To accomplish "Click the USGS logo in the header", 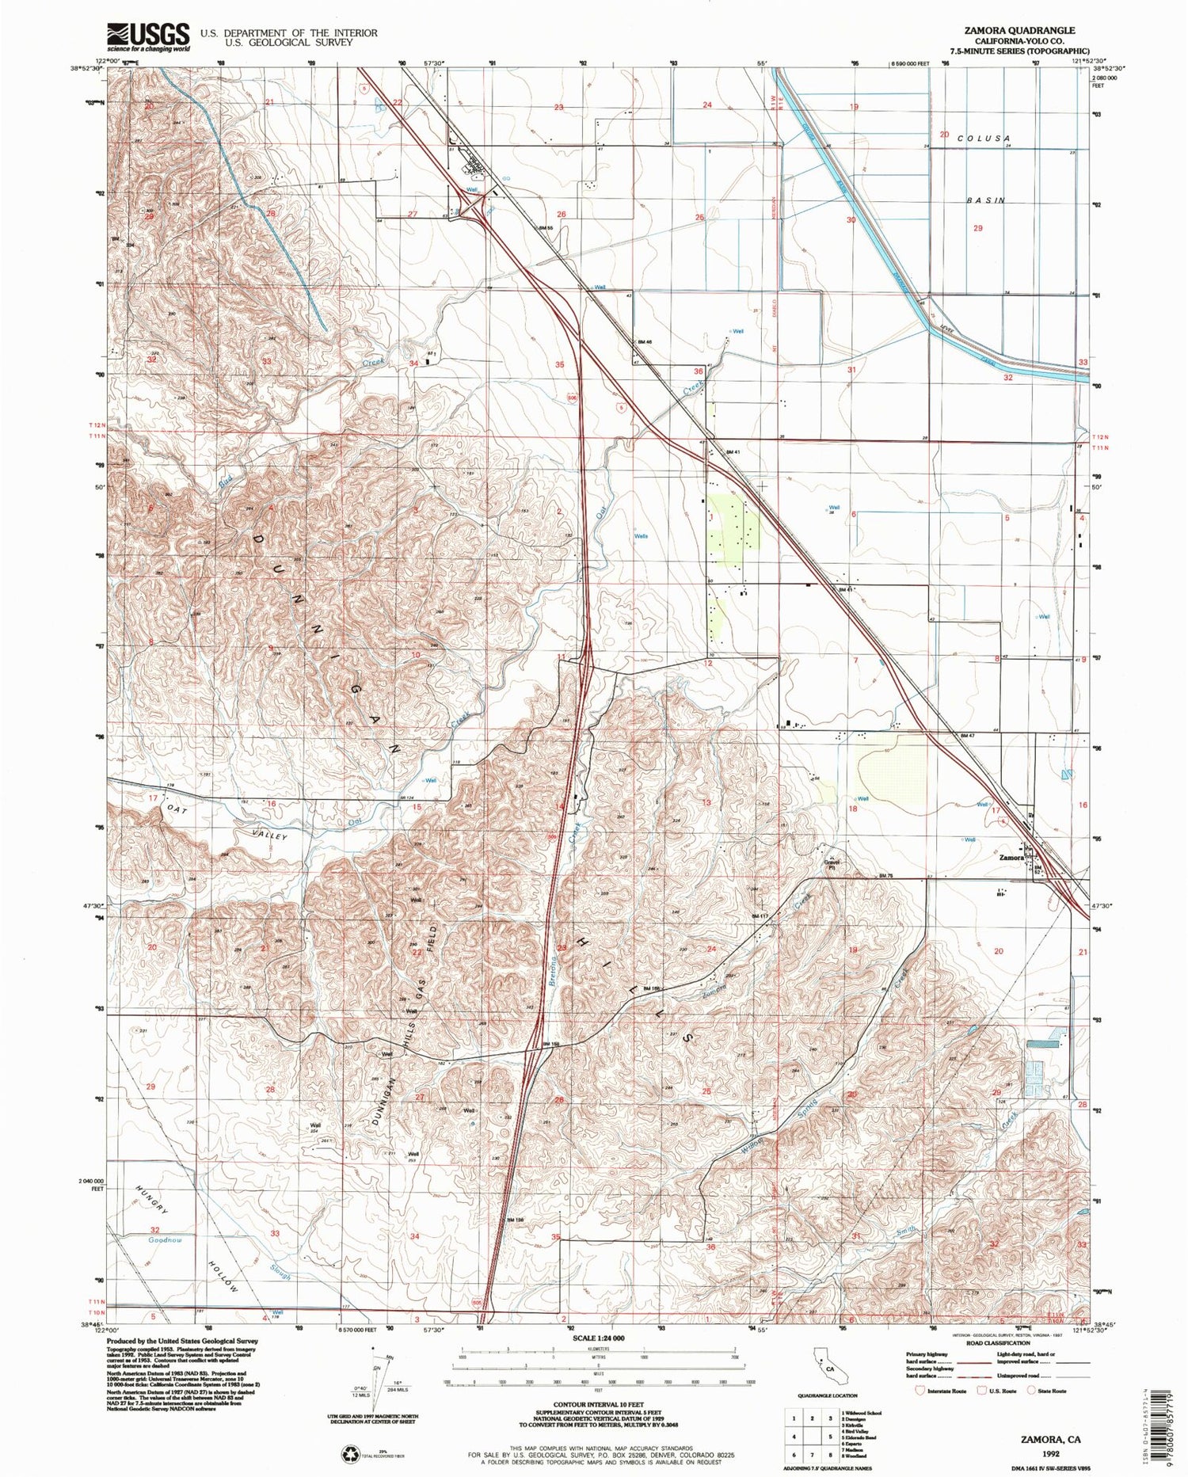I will (x=149, y=36).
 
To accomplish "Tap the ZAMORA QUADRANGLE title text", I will (x=1019, y=30).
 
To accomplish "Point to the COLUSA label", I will (x=985, y=137).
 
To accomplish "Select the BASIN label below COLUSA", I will (x=985, y=200).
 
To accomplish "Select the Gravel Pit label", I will (x=831, y=864).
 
